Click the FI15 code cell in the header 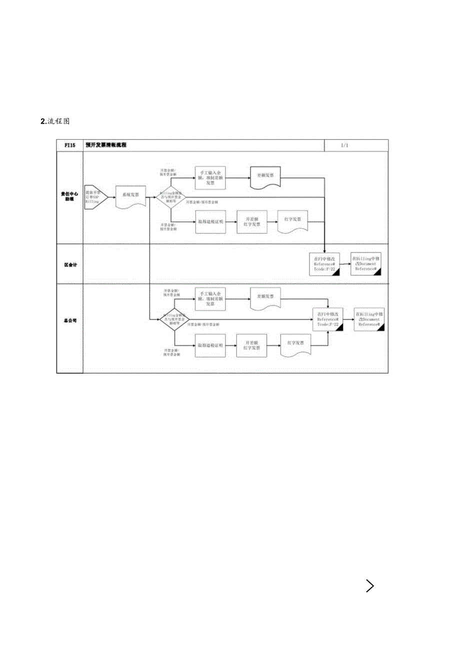pos(69,145)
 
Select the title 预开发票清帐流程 pos(106,145)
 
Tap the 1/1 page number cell pos(344,145)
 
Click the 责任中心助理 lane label pos(69,196)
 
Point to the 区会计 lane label pos(69,264)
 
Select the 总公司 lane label pos(69,321)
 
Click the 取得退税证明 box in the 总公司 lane pos(210,345)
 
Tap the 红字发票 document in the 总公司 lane pos(296,344)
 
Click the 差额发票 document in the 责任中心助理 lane pos(265,177)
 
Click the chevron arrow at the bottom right pos(370,586)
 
